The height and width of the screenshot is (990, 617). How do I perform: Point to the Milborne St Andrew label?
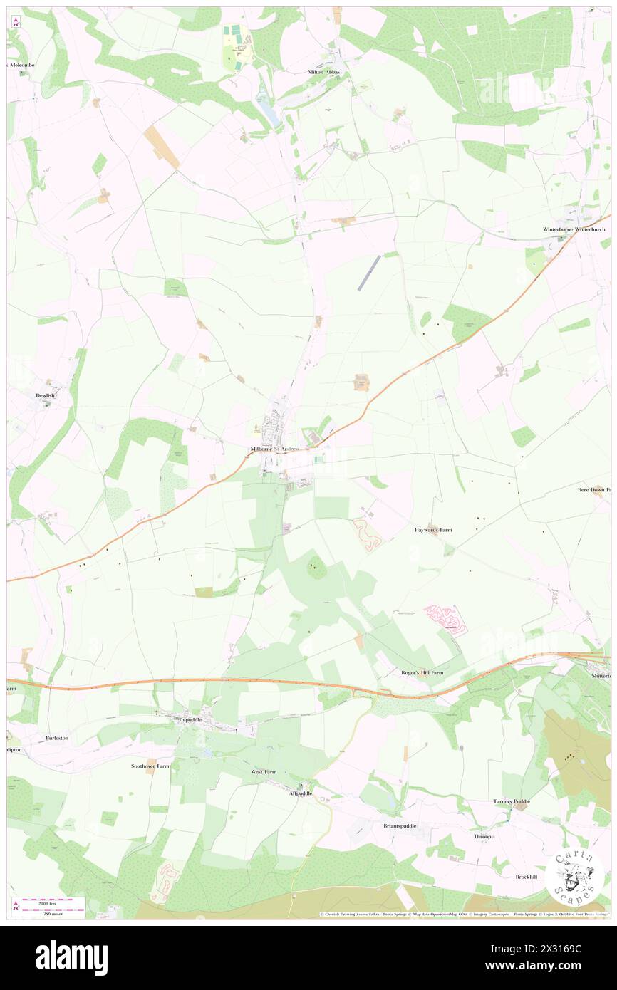(x=280, y=449)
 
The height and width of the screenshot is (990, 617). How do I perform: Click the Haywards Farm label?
(x=433, y=530)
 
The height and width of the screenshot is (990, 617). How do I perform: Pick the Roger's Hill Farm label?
(x=422, y=672)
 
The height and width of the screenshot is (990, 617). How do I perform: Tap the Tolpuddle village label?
(x=190, y=719)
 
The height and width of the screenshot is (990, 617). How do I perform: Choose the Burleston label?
(x=57, y=738)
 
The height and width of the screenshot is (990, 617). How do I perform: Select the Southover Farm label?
(x=150, y=766)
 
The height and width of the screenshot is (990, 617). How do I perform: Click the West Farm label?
(x=263, y=772)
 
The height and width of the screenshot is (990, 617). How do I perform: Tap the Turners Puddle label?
(x=512, y=801)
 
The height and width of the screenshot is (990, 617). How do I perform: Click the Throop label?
(x=484, y=836)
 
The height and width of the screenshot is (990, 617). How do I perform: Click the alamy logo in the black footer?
(x=71, y=958)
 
